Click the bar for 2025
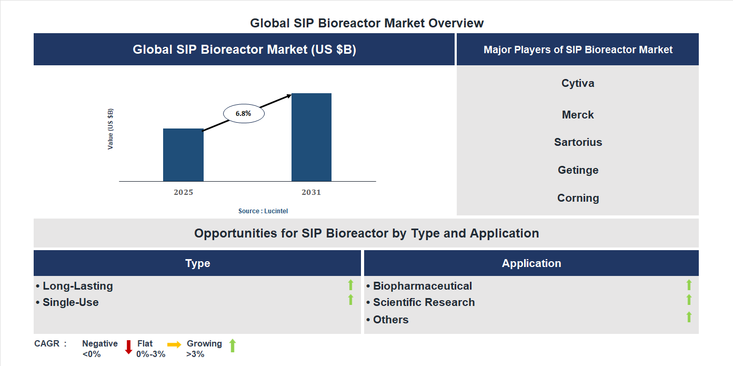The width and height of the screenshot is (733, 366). [183, 155]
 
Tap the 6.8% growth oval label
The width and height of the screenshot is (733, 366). [244, 113]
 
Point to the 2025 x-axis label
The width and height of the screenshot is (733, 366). [183, 192]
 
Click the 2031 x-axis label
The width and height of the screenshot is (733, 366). [311, 192]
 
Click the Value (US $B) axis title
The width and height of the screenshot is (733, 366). [111, 129]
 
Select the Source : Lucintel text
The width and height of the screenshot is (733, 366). [263, 211]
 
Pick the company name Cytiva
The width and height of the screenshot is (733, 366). [578, 83]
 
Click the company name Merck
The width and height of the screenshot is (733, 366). [578, 115]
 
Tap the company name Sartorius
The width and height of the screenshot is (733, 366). [578, 142]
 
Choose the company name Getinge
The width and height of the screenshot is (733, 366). [578, 170]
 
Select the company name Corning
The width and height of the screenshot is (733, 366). [578, 198]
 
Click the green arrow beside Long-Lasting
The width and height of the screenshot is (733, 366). [350, 285]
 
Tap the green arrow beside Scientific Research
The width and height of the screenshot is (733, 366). [689, 300]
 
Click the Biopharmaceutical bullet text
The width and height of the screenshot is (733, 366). [422, 286]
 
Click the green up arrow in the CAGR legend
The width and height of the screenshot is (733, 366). [233, 346]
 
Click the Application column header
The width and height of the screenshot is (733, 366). [531, 263]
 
